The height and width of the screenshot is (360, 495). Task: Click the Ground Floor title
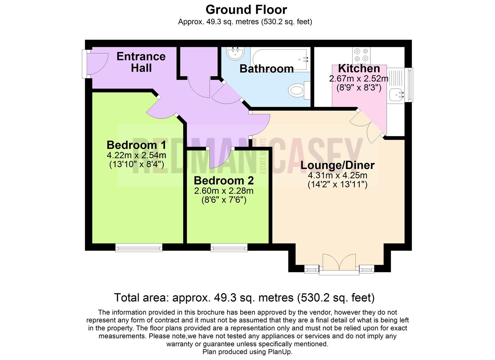246,10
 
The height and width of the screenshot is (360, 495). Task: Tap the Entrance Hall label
141,62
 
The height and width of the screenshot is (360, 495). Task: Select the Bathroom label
267,69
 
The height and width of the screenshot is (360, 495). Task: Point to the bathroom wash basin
235,53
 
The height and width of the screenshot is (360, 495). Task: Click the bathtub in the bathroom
280,59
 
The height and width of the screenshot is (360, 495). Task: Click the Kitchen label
359,69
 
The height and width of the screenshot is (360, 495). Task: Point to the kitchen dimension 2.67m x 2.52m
359,78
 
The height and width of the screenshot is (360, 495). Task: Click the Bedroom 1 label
136,145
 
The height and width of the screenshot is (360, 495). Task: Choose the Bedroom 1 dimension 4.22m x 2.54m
136,155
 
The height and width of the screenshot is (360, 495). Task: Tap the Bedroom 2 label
224,181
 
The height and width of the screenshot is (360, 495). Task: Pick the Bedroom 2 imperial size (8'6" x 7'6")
224,200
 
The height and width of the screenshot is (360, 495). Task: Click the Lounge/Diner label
337,165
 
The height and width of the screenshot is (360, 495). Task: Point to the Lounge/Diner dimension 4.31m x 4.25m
337,175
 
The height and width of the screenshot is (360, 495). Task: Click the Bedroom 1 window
139,248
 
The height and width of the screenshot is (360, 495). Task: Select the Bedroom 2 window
229,248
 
